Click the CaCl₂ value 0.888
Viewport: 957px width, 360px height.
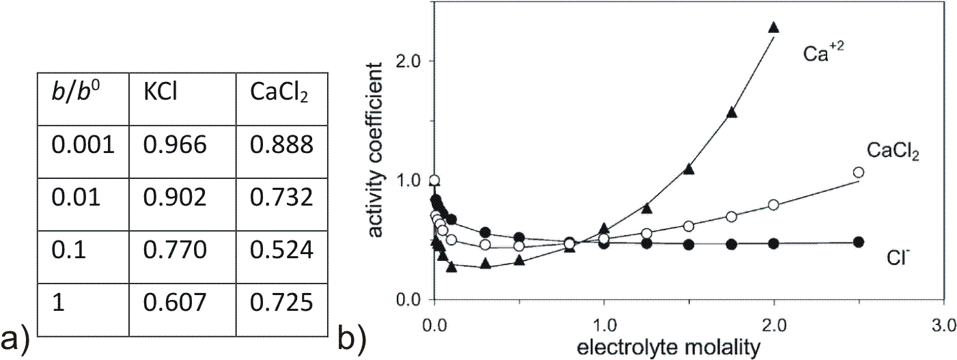(x=283, y=146)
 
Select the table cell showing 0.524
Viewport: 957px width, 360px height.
(x=283, y=250)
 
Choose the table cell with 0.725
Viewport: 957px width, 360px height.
(x=283, y=303)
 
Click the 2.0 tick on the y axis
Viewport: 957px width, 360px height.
(x=409, y=61)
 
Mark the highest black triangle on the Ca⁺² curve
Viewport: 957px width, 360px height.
(x=773, y=27)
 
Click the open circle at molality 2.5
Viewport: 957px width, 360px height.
(x=859, y=172)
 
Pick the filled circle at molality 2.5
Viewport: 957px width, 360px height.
(x=859, y=242)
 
